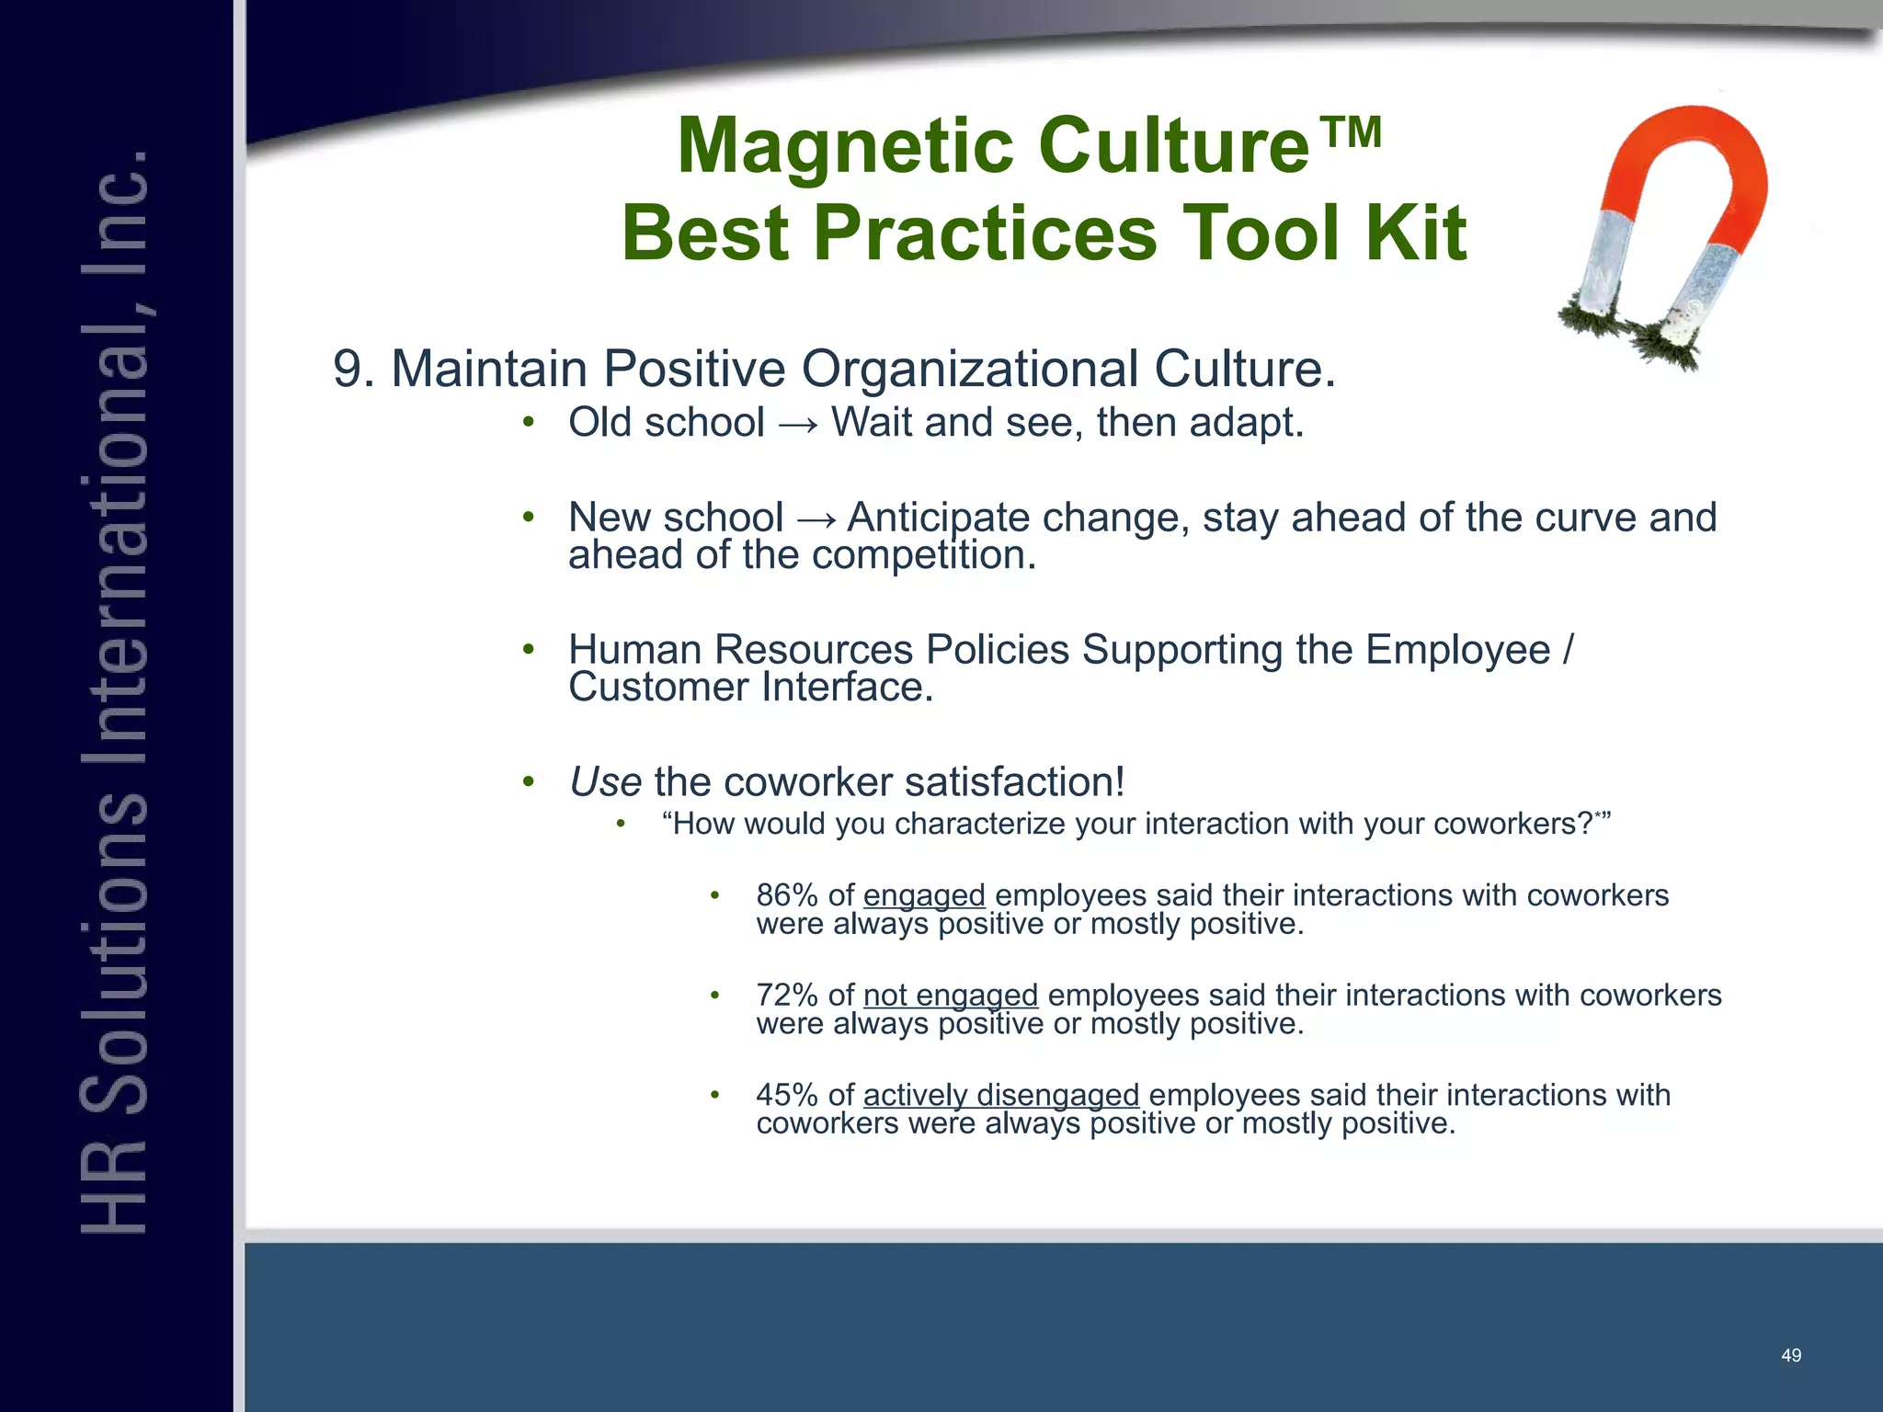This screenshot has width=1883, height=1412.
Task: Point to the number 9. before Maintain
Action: click(x=353, y=370)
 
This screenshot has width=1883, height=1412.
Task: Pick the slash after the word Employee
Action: click(x=1568, y=650)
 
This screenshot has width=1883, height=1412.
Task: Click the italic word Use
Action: click(x=604, y=782)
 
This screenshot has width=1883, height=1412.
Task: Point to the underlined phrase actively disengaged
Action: click(x=1000, y=1096)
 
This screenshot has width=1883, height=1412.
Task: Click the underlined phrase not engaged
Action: click(x=950, y=996)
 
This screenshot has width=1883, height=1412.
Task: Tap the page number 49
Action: click(x=1790, y=1355)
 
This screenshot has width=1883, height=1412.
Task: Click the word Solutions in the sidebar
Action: click(x=115, y=947)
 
